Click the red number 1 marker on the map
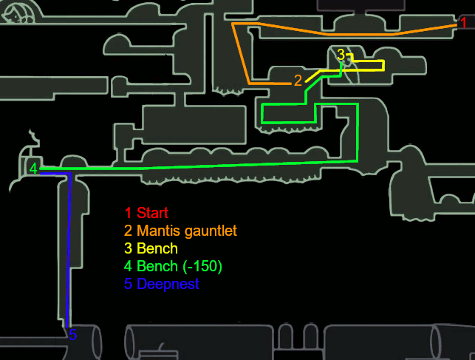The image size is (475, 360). (x=463, y=24)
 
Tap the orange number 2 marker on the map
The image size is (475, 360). (x=298, y=81)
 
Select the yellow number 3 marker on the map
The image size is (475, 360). (x=341, y=54)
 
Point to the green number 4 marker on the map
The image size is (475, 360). (x=33, y=168)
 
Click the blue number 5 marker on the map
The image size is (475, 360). (x=72, y=335)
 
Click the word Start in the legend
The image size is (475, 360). (x=152, y=214)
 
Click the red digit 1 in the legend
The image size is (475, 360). (x=128, y=214)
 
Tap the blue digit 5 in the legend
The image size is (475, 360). (x=128, y=284)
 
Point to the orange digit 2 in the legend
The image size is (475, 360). (x=128, y=231)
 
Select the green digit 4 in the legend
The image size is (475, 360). (x=128, y=266)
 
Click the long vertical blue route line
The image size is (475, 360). (x=69, y=251)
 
